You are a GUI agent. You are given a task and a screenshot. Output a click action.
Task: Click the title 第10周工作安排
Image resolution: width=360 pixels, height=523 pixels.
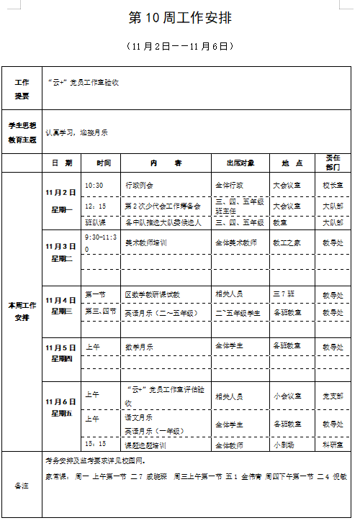180,17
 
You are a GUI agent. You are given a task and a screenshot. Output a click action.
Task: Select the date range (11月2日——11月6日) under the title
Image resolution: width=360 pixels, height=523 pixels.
180,46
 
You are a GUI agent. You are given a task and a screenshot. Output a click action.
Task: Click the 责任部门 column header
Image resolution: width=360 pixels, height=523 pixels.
333,163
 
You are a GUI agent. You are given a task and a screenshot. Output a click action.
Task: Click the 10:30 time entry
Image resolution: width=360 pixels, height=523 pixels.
94,185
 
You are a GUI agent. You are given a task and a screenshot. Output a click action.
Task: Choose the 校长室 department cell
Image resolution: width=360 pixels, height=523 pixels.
332,185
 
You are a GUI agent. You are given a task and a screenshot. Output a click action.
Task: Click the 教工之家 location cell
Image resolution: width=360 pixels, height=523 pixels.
287,243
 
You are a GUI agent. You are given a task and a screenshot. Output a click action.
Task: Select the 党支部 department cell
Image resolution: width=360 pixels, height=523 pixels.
332,396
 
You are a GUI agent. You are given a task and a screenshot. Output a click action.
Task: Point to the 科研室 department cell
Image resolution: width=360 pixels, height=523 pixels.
332,444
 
